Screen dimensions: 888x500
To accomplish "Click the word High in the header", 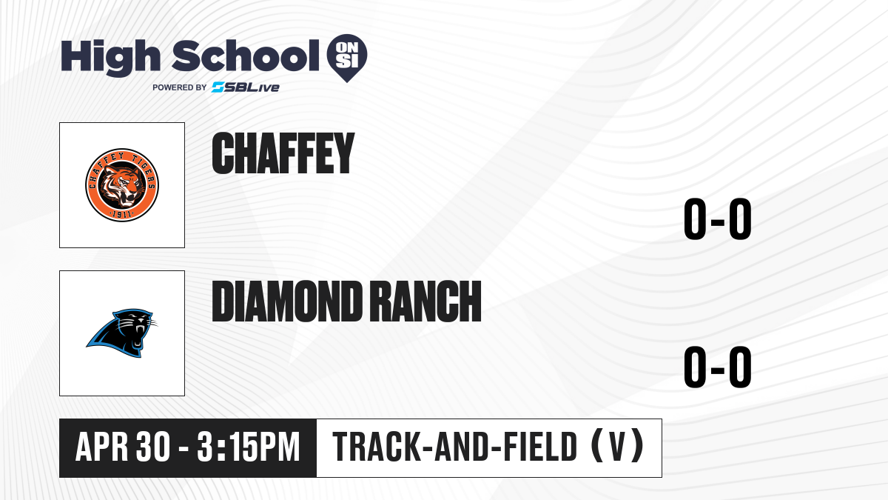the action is [x=110, y=57].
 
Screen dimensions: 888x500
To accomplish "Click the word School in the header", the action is [x=246, y=56].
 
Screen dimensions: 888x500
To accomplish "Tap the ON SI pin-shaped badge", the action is [x=347, y=58].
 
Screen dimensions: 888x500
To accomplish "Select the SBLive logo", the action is [x=246, y=87].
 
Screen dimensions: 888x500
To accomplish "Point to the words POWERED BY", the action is [x=180, y=87].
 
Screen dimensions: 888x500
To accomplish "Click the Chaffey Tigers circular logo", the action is [x=122, y=185].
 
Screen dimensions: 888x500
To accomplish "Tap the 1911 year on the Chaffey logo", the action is [x=121, y=215].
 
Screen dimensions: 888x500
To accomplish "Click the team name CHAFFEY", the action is [x=283, y=153].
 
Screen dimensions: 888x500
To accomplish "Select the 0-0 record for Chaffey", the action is [x=718, y=219].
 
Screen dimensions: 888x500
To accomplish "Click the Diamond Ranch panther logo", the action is [x=121, y=333].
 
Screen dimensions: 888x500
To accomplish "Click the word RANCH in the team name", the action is [x=426, y=301].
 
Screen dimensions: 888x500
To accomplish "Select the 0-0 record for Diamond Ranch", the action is [x=718, y=367].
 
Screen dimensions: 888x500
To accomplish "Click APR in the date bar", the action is [x=102, y=447].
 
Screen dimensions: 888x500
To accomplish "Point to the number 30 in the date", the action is [x=153, y=447].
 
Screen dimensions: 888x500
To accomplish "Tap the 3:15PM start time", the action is [x=248, y=447].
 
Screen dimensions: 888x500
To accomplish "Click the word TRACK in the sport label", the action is [x=376, y=447].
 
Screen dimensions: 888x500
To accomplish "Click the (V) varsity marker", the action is [x=617, y=446].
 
